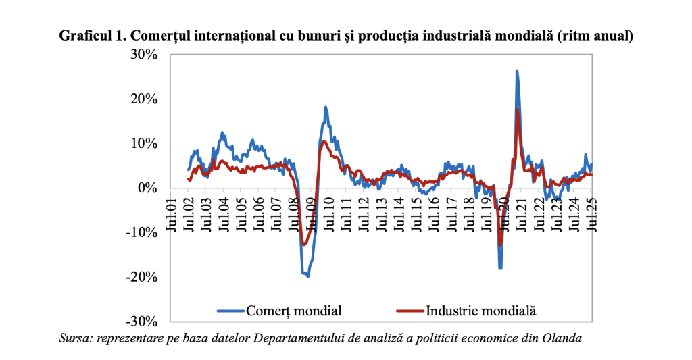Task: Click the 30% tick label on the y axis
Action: pyautogui.click(x=143, y=55)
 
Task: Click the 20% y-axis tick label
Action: pyautogui.click(x=143, y=99)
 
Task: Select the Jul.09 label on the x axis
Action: pyautogui.click(x=312, y=215)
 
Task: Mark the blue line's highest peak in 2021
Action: pyautogui.click(x=517, y=70)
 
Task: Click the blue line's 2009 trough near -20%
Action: pyautogui.click(x=308, y=276)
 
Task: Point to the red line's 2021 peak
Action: pyautogui.click(x=518, y=109)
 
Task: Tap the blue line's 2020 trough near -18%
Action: pyautogui.click(x=501, y=268)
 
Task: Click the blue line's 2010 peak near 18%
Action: pyautogui.click(x=326, y=107)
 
